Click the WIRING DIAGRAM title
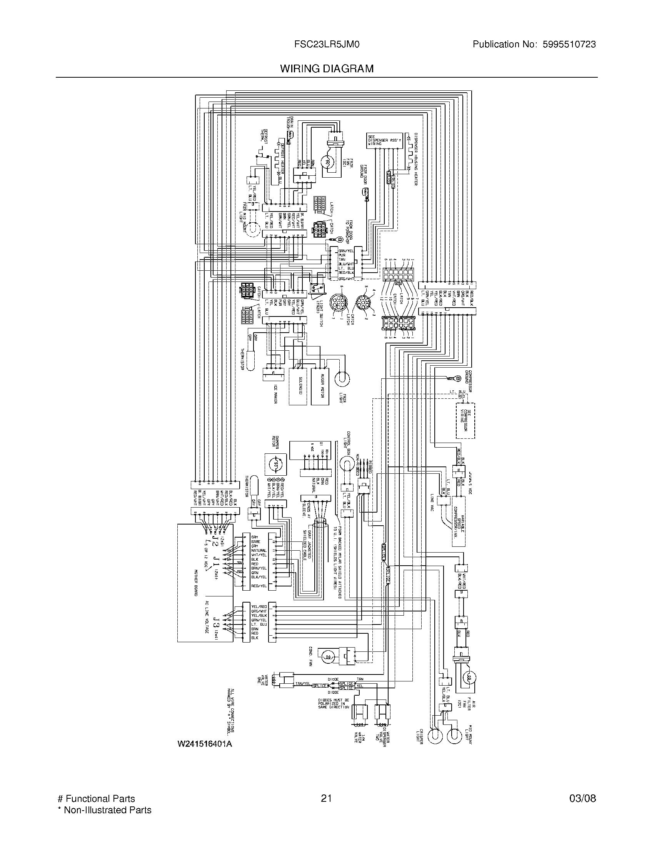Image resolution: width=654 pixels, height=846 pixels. [x=327, y=68]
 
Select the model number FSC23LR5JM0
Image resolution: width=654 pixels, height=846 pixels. [x=327, y=45]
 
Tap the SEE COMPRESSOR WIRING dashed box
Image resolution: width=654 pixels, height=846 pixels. [x=465, y=421]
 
